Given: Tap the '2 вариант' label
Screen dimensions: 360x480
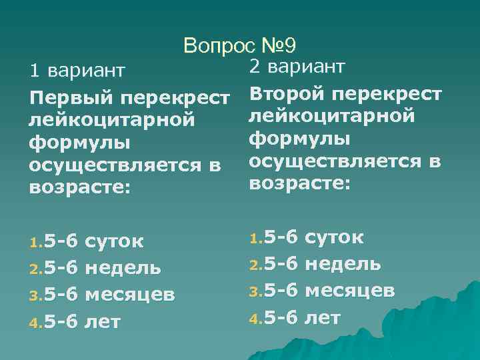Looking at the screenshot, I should [297, 66].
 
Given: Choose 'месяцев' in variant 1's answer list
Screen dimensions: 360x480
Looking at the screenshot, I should [132, 295].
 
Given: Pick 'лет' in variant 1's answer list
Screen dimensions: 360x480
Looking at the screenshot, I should [103, 322].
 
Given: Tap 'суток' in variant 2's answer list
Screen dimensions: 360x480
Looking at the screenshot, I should [334, 236].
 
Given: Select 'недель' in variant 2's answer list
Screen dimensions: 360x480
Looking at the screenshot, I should [343, 263].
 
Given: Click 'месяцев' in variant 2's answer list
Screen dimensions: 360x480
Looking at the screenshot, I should [350, 291].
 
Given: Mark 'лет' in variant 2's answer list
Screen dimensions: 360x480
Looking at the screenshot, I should [322, 317].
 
